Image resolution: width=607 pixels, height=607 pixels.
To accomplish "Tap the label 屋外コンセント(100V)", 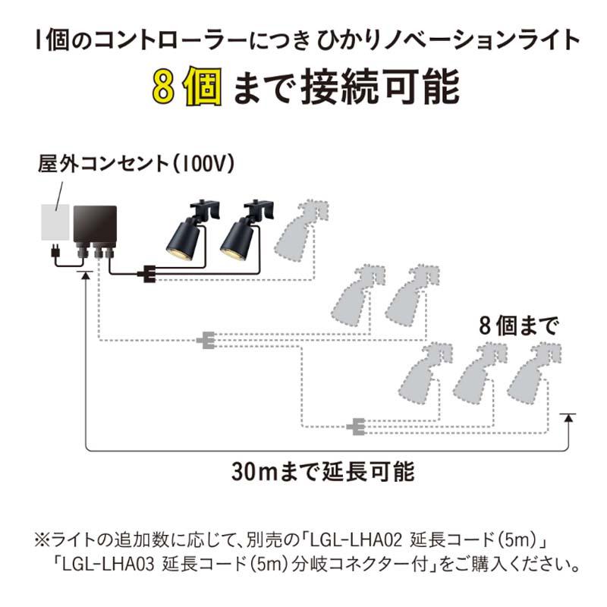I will (x=137, y=165).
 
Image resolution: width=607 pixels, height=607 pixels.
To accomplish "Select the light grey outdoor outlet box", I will (x=55, y=222).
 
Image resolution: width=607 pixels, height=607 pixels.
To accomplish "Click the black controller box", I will (x=94, y=224).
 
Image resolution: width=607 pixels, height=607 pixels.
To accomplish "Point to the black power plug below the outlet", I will (x=55, y=252).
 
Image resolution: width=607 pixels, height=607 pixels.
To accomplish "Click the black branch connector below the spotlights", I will (x=146, y=273).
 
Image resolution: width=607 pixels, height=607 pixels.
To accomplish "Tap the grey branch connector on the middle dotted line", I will (x=206, y=341).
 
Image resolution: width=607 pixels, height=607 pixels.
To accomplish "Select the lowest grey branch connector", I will (x=354, y=428).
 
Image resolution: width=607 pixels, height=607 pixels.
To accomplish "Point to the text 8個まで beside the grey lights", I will (x=518, y=326).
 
